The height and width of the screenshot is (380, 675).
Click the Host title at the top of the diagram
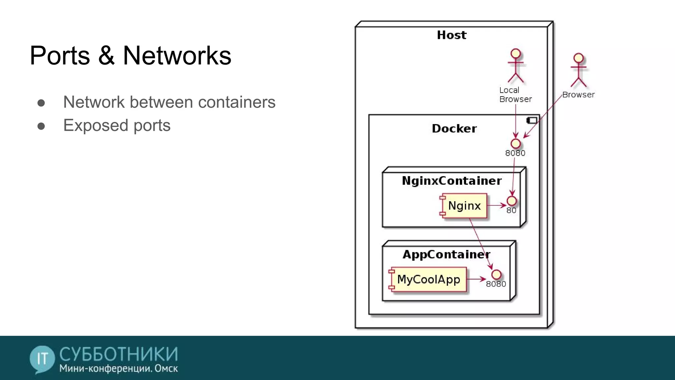(452, 35)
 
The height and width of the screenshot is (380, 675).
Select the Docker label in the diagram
(454, 128)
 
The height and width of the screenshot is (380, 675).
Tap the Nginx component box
(464, 206)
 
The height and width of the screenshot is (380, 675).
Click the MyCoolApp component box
(428, 279)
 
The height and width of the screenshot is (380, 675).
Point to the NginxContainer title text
(452, 181)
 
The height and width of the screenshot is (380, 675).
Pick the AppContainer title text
(446, 254)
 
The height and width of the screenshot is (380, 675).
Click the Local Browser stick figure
(515, 66)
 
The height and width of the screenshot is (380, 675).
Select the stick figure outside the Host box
(578, 70)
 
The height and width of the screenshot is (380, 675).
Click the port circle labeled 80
(512, 201)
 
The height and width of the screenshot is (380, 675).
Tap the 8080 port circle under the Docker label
(515, 143)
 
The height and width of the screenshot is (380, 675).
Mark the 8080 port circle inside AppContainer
(496, 274)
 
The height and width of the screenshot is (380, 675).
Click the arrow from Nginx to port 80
(496, 206)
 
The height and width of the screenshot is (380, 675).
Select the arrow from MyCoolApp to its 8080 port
(476, 279)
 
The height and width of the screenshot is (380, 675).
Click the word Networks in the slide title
(177, 55)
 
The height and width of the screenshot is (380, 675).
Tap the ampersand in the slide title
(106, 55)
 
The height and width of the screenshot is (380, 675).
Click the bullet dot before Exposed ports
(41, 126)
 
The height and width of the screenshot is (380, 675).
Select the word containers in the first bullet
(236, 102)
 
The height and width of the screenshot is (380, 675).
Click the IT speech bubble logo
(42, 359)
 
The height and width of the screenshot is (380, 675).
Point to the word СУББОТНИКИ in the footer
(119, 354)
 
